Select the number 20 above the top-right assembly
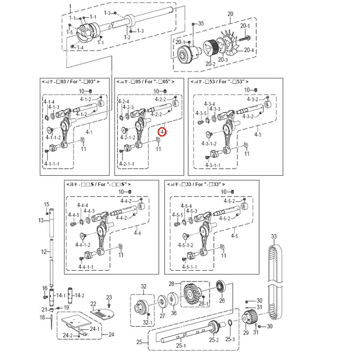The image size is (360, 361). pos(230,13)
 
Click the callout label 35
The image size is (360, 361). pos(201,24)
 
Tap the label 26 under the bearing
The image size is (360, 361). pos(222,300)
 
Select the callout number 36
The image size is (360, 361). pos(174,313)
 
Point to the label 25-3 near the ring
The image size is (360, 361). pos(230,340)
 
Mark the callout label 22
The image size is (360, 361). pos(93,304)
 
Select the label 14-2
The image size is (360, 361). pos(79,295)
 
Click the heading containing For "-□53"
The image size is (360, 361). pos(224,81)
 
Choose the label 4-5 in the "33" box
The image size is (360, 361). pos(234,236)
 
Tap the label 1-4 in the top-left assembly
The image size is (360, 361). pos(80,48)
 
